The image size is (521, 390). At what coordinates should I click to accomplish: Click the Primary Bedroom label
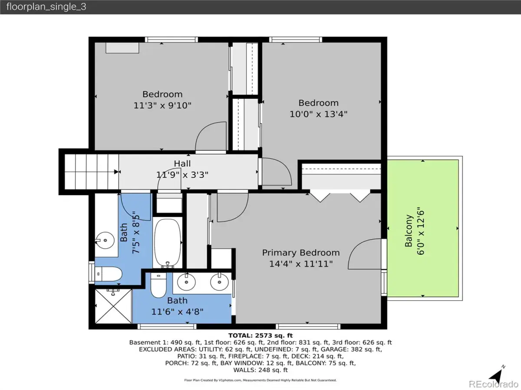(x=301, y=253)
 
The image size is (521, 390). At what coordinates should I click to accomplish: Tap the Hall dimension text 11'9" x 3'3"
(x=182, y=175)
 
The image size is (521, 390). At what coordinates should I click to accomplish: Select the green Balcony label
(x=408, y=231)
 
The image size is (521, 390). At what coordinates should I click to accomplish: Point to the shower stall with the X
(x=113, y=306)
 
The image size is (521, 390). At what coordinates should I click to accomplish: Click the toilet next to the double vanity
(x=158, y=285)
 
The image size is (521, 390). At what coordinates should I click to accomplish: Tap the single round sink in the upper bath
(x=105, y=240)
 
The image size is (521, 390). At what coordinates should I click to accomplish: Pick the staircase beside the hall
(x=91, y=172)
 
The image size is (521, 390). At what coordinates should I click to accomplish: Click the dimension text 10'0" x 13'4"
(x=318, y=114)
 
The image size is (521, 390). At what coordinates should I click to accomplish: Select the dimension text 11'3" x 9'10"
(x=162, y=105)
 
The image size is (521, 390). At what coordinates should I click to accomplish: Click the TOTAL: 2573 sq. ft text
(x=260, y=335)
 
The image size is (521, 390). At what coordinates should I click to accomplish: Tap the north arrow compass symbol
(x=497, y=376)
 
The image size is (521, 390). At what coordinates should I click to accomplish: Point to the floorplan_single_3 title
(x=46, y=6)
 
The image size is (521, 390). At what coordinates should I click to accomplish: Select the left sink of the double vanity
(x=187, y=282)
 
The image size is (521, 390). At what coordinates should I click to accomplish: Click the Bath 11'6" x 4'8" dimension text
(x=177, y=312)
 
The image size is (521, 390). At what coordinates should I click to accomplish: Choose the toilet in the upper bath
(x=109, y=274)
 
